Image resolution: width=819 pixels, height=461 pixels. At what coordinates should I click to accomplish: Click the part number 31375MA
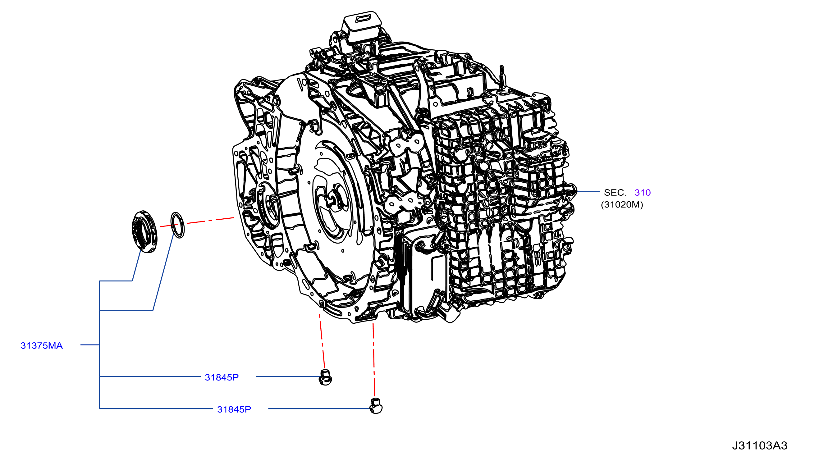pos(42,345)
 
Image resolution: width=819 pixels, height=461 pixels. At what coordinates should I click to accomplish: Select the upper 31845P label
pos(222,377)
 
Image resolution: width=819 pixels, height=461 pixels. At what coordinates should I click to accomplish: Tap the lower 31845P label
pos(234,409)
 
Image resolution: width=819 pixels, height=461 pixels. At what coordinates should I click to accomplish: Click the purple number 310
pos(643,192)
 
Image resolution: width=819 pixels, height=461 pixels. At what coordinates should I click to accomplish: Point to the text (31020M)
pos(622,204)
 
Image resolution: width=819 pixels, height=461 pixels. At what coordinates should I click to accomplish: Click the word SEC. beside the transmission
pos(615,192)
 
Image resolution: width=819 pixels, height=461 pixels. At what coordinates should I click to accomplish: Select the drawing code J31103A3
pos(760,446)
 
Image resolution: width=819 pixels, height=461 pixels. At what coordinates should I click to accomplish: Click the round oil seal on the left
pos(144,231)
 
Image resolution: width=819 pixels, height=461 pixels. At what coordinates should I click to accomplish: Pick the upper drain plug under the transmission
pos(325,377)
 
